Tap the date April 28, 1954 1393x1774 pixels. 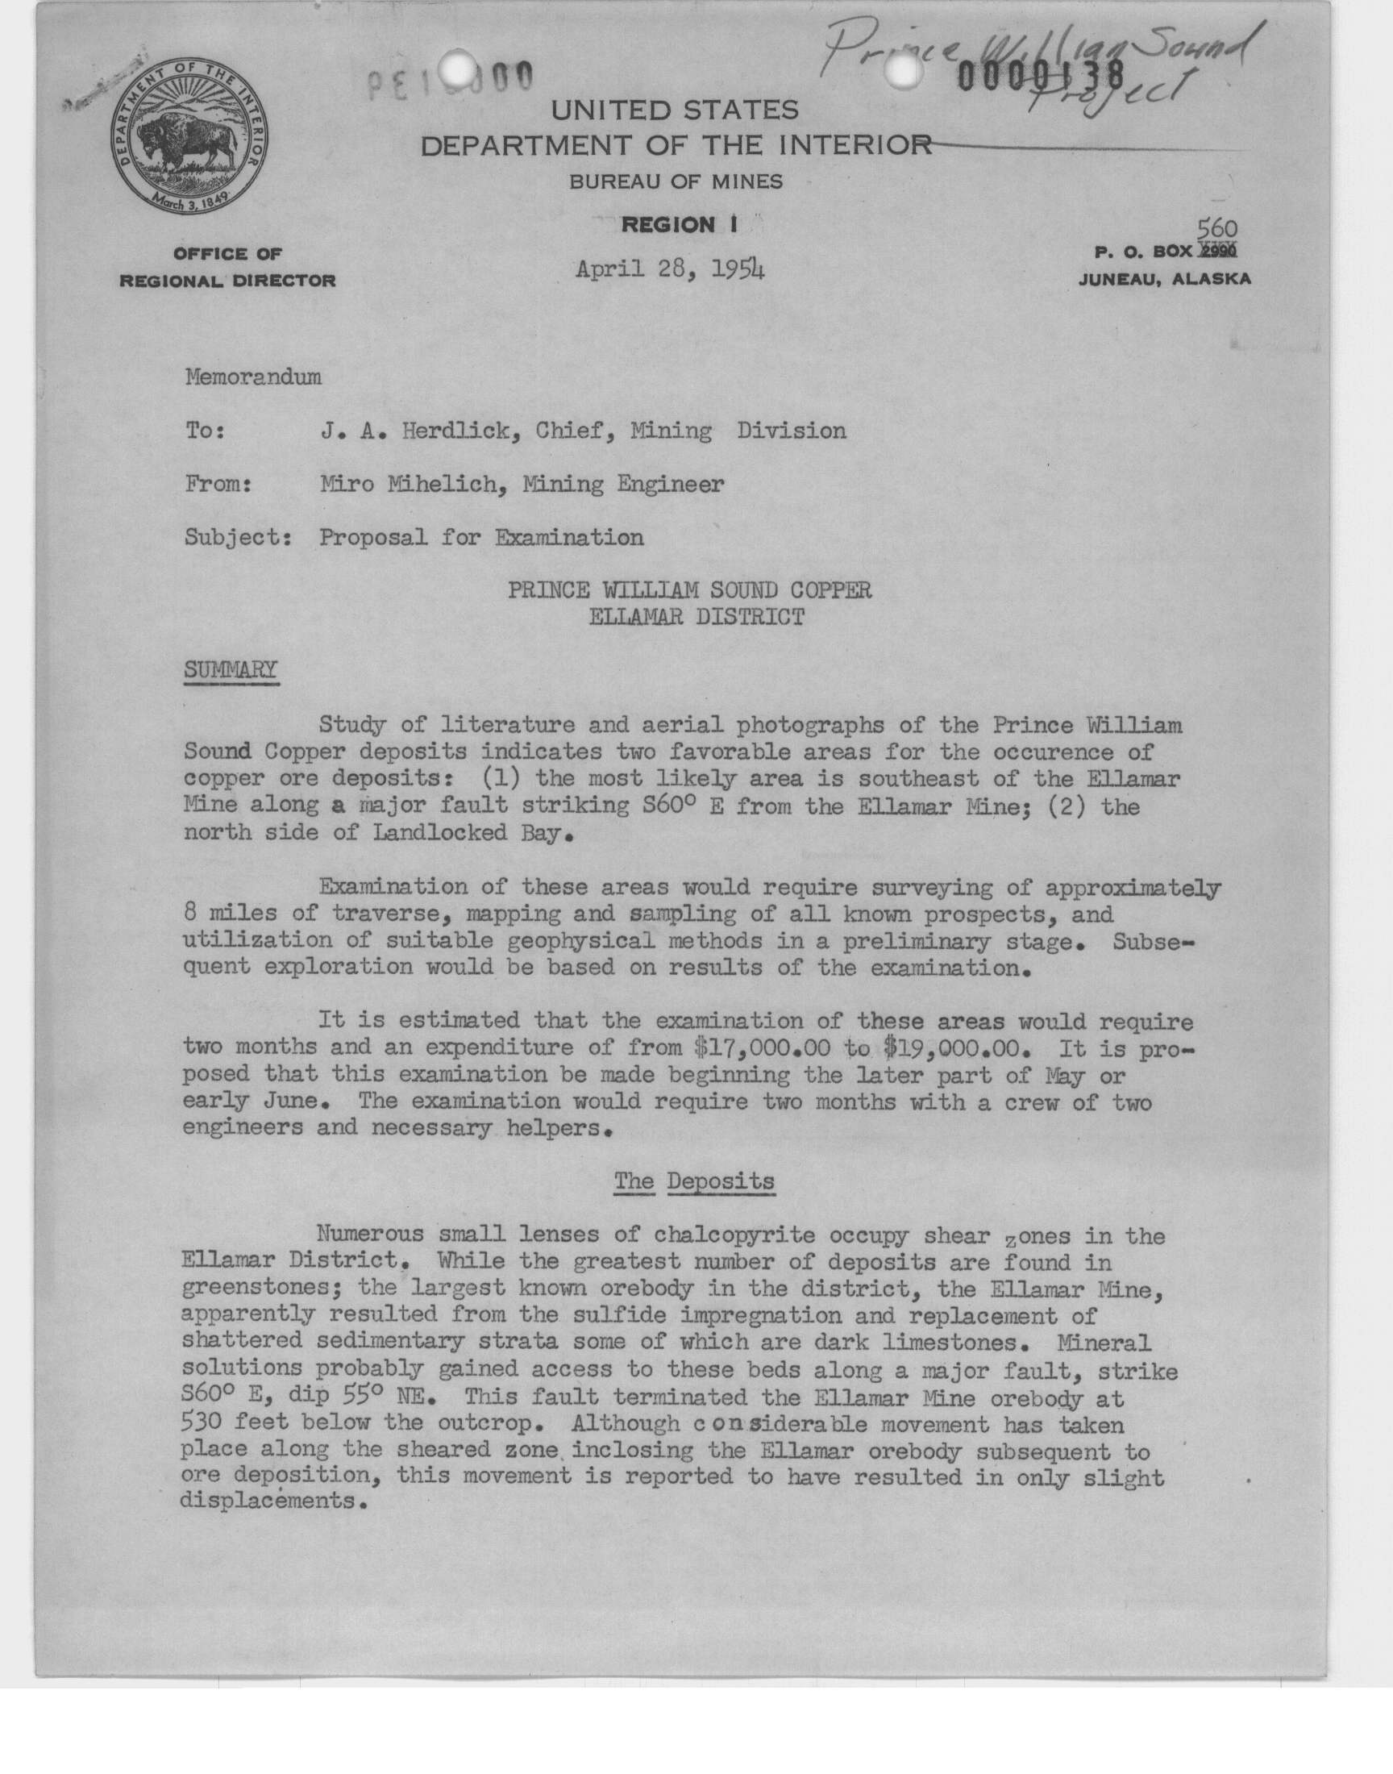671,269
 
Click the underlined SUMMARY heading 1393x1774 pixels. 231,670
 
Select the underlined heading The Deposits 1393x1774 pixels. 694,1182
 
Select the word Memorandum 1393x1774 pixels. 253,377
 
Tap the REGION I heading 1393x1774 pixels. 680,225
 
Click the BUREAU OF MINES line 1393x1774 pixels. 676,182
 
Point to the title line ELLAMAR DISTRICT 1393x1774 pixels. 696,617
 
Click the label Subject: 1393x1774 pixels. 239,538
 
